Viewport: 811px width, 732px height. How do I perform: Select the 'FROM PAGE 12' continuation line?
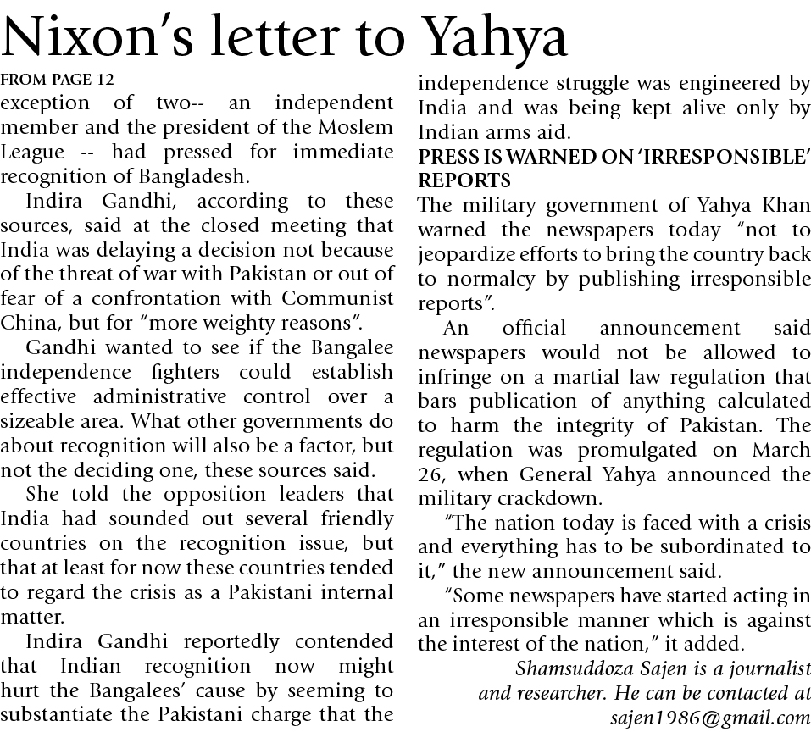[57, 80]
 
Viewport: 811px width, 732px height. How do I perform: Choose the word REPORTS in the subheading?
[464, 181]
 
